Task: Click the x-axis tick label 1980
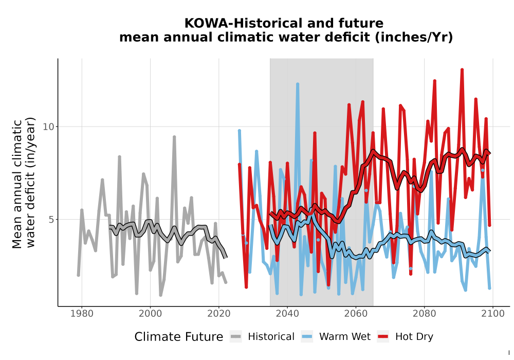tap(82, 314)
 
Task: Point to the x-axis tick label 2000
tap(151, 314)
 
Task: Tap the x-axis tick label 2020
tap(219, 314)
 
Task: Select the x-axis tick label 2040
tap(287, 314)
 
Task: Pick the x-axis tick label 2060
tap(356, 314)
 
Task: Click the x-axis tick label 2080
tap(424, 314)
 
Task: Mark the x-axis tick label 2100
tap(493, 314)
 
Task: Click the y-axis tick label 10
tap(48, 127)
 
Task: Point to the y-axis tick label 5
tap(51, 220)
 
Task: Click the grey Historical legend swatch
tap(236, 336)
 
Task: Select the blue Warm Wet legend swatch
tap(307, 336)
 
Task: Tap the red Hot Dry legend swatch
tap(383, 336)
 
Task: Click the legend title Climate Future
tap(179, 337)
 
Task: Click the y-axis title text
tap(23, 183)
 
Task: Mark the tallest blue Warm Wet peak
tap(298, 84)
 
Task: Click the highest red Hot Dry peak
tap(462, 69)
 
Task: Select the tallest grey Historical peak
tap(174, 137)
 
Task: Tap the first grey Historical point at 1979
tap(79, 275)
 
